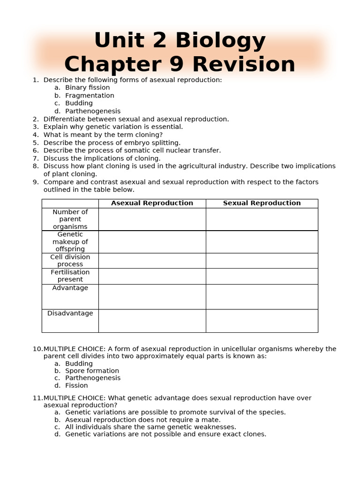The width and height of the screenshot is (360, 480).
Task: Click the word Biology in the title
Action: (220, 41)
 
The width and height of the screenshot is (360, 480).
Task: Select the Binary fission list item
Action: (87, 88)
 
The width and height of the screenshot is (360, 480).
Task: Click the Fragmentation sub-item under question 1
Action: (90, 96)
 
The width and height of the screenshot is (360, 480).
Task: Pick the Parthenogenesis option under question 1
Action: (93, 111)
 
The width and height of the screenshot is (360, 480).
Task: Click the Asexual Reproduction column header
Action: (152, 203)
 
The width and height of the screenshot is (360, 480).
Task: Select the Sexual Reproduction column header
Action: (262, 203)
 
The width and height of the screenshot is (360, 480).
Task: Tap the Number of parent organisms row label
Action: (70, 219)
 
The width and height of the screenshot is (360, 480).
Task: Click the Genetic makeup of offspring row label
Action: (70, 242)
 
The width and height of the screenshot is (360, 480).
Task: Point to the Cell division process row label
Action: (70, 261)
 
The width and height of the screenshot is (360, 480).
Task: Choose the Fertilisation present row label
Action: (70, 276)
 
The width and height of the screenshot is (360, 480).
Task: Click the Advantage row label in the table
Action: (70, 288)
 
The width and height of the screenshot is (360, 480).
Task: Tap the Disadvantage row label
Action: (70, 313)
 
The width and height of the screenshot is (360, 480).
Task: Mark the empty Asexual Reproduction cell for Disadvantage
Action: (152, 321)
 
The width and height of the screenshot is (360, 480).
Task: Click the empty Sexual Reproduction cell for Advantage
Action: (262, 296)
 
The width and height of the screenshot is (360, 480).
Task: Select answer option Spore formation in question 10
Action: (92, 371)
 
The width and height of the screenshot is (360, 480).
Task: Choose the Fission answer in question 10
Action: (76, 385)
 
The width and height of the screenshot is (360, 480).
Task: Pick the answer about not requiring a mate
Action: (142, 420)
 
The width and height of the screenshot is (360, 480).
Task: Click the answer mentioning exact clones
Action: (165, 434)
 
